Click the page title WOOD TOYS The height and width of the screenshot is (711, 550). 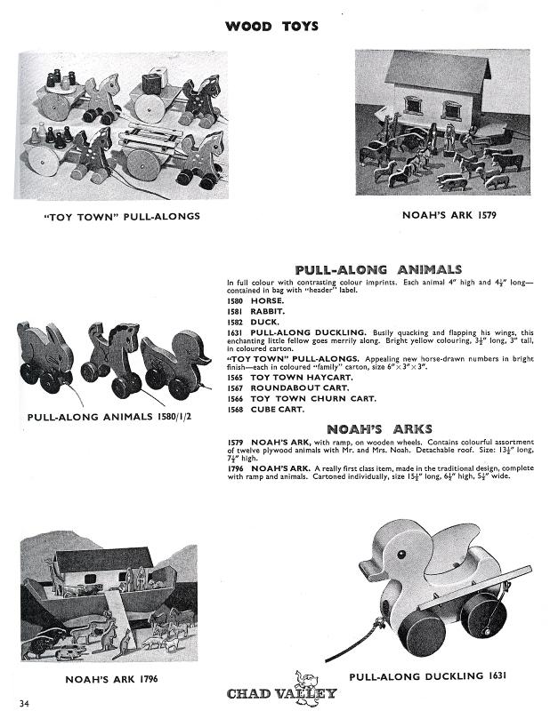(271, 27)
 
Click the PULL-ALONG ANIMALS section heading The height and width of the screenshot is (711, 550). (378, 269)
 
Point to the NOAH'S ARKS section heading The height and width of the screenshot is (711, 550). (378, 429)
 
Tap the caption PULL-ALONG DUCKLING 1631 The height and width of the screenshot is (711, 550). (428, 676)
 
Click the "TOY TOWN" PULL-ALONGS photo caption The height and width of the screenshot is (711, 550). (122, 215)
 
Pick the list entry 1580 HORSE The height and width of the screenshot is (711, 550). (255, 301)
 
